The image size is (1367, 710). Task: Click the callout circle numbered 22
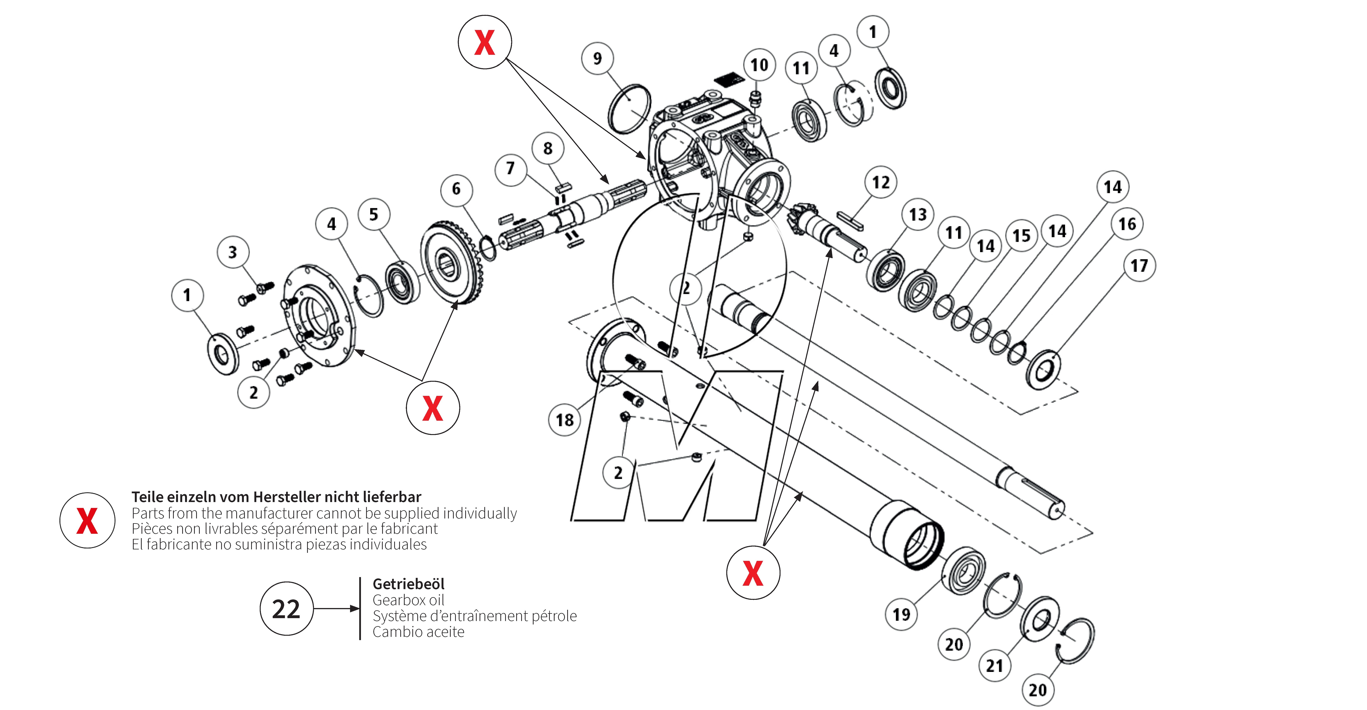[x=287, y=609]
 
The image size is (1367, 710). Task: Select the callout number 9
[x=598, y=58]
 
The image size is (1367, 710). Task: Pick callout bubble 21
[x=994, y=666]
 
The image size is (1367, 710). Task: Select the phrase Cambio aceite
[x=418, y=632]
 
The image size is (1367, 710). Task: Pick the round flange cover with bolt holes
[x=317, y=316]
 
